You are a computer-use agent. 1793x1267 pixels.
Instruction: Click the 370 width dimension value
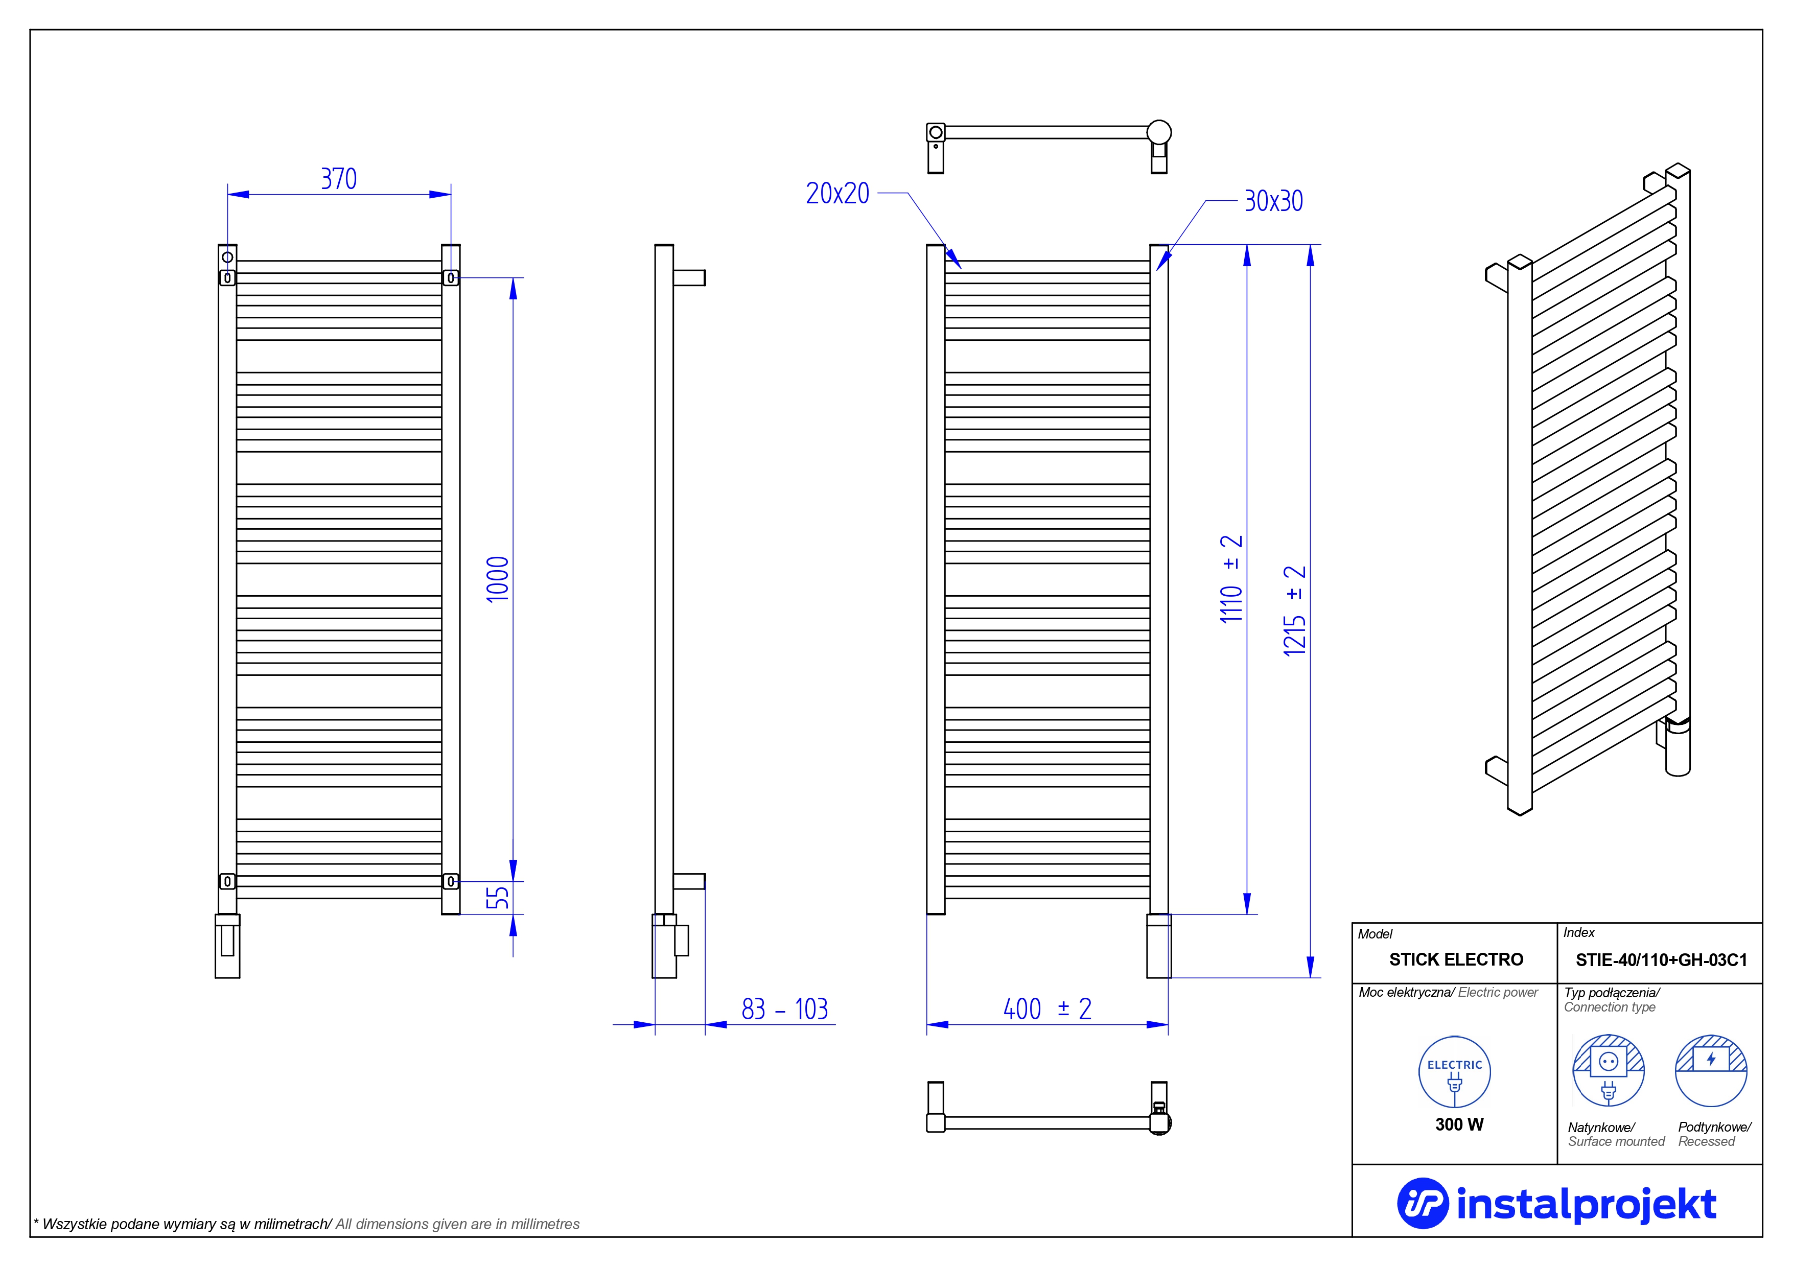[339, 179]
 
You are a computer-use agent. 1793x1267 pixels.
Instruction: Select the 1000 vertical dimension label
[498, 579]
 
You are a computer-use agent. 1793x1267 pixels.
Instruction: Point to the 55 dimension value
[498, 898]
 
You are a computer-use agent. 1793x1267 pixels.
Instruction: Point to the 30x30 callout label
[1274, 201]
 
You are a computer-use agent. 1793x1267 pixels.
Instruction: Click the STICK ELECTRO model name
[1456, 959]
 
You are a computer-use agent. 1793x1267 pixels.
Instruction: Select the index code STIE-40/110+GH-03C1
[1661, 959]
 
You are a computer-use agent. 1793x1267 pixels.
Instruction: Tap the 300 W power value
[1459, 1124]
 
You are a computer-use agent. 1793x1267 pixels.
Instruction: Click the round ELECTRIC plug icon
[1454, 1072]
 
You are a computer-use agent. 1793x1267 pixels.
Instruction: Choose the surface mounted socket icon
[1608, 1070]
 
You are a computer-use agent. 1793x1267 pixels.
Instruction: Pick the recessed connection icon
[1711, 1070]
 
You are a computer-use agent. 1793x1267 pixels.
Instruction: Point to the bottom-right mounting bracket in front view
[451, 881]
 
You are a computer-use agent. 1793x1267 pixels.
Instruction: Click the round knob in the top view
[1159, 132]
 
